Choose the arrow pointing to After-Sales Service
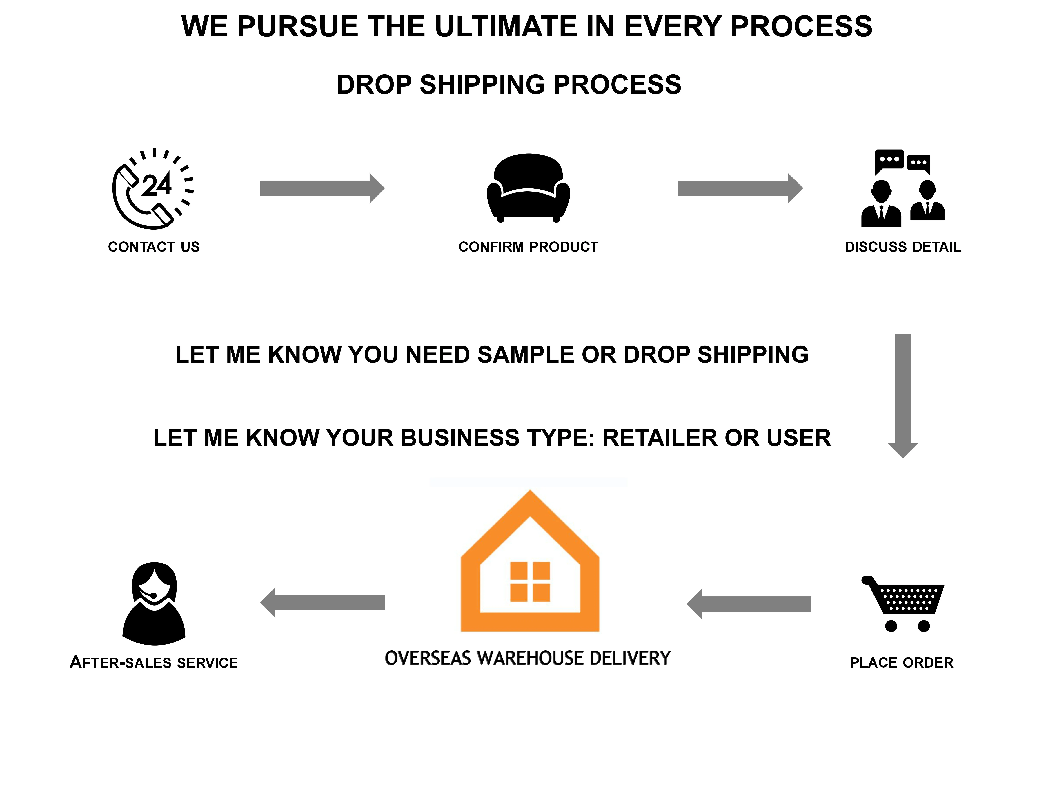coord(323,602)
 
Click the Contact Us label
coord(153,247)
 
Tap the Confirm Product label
coord(528,247)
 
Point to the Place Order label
coord(901,663)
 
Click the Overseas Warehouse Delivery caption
coord(528,658)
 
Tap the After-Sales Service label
coord(153,663)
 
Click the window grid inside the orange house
coord(530,582)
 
